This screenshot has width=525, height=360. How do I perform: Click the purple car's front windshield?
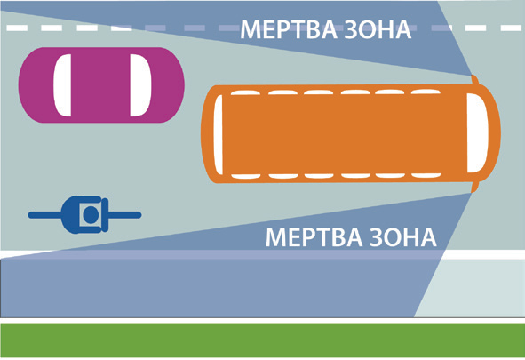[x=140, y=85]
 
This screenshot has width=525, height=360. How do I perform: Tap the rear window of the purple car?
[x=62, y=85]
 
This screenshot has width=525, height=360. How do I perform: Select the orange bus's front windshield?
[x=477, y=133]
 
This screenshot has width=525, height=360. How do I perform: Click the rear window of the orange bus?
[x=218, y=134]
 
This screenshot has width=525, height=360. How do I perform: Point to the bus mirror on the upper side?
[x=474, y=80]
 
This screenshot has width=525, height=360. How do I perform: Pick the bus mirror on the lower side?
[x=474, y=188]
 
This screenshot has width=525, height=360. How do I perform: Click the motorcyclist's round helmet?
[x=91, y=214]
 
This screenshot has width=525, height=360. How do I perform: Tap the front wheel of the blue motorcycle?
[x=124, y=214]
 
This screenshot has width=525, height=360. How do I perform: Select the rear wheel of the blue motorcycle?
[x=44, y=214]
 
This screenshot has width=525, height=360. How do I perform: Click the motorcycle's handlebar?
[x=105, y=214]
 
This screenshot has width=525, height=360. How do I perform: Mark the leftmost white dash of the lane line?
[x=17, y=28]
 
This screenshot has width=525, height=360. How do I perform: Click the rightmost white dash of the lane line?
[x=512, y=28]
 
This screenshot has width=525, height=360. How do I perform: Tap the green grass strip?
[x=263, y=340]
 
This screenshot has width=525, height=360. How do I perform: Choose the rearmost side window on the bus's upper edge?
[x=245, y=92]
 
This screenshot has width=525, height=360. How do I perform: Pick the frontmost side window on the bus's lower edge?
[x=426, y=175]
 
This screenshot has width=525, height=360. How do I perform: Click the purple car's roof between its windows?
[x=100, y=85]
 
